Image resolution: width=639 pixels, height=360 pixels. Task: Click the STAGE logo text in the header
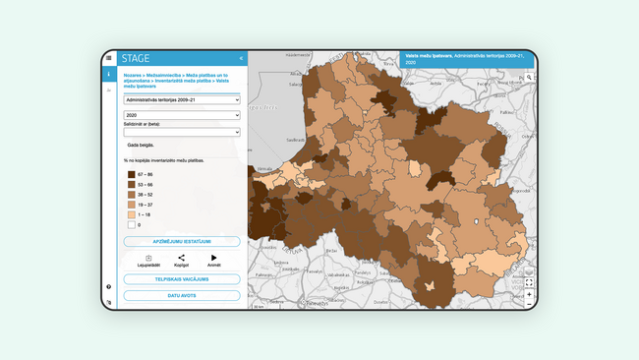point(136,58)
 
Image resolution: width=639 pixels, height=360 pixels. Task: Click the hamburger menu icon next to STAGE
point(109,58)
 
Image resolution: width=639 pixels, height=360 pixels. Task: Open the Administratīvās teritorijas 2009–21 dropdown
point(182,99)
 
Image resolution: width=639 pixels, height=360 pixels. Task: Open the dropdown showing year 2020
point(182,114)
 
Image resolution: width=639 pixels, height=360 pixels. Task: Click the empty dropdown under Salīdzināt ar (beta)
point(182,132)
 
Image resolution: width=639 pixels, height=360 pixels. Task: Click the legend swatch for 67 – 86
point(132,174)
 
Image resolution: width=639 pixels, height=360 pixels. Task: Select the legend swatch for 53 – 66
point(132,184)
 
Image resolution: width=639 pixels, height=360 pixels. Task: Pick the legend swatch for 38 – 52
point(132,194)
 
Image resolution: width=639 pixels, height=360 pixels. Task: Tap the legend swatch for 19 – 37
point(132,204)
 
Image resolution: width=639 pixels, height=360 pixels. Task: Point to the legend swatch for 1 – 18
point(132,213)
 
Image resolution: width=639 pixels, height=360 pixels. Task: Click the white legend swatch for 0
point(132,224)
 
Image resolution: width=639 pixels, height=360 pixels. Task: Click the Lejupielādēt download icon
point(148,258)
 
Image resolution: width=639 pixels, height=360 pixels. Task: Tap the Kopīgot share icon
point(181,258)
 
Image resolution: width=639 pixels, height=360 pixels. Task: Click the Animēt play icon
point(213,258)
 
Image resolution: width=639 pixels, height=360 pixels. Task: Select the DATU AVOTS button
point(182,295)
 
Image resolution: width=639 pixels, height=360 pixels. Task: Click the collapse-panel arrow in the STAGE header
point(241,58)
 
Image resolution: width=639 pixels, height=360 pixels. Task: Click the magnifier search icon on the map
point(529,77)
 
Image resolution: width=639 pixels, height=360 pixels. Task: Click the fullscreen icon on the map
point(529,282)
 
